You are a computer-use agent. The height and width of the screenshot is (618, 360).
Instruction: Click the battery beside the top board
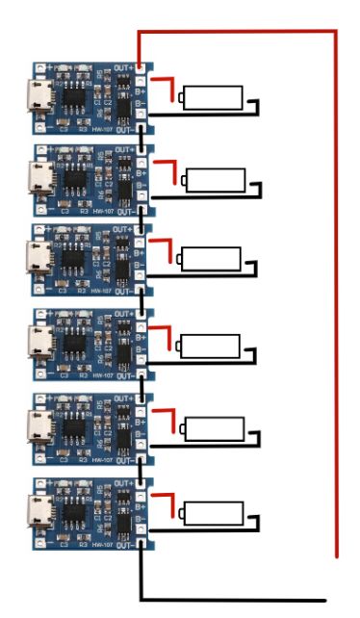coord(213,97)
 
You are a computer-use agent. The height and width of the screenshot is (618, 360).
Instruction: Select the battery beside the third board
coord(211,259)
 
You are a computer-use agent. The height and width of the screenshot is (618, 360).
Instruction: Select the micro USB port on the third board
coord(41,260)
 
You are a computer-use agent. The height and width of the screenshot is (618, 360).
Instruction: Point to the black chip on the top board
coord(73,97)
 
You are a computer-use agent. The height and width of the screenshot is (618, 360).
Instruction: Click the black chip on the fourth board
coord(73,344)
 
